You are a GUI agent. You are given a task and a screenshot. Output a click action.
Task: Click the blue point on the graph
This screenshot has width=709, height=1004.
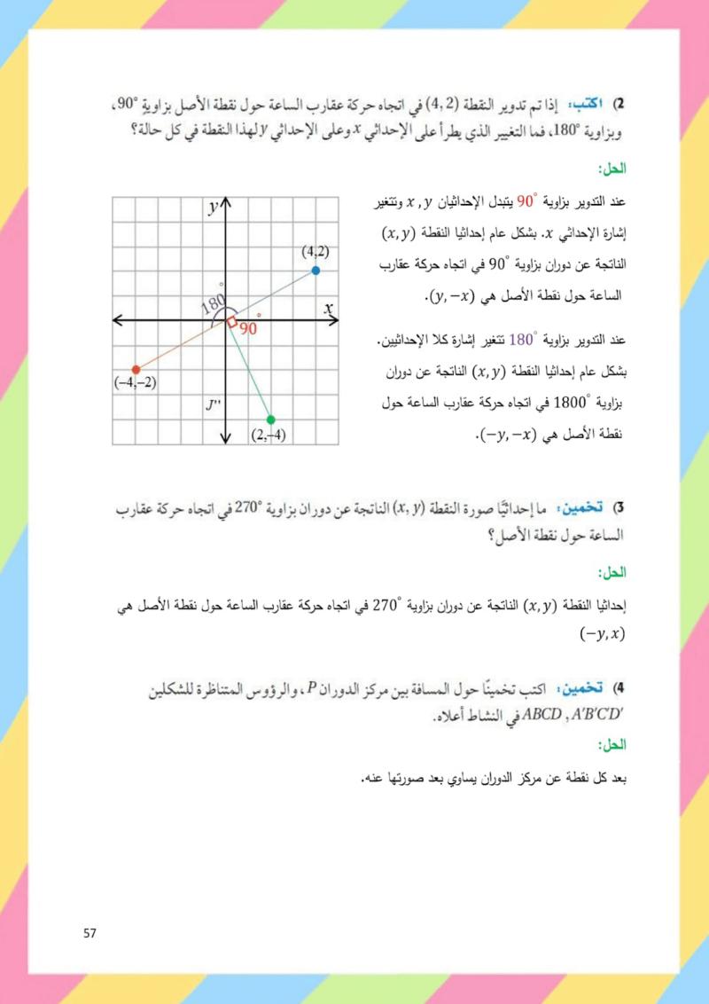[x=316, y=271]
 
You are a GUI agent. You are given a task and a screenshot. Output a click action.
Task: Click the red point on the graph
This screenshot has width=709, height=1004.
[x=136, y=369]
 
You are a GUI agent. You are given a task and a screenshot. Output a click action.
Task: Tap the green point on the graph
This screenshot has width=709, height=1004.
[x=270, y=420]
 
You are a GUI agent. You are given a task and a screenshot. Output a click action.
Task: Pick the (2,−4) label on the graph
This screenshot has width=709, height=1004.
[x=268, y=434]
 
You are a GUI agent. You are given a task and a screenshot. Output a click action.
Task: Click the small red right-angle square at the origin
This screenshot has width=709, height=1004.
[x=231, y=323]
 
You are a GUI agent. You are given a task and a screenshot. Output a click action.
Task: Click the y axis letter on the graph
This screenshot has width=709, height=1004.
[x=214, y=208]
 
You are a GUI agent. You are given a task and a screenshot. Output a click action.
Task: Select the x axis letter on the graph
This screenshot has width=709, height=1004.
[x=329, y=308]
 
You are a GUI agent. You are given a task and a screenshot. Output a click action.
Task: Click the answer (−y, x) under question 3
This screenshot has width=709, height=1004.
[x=603, y=633]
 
